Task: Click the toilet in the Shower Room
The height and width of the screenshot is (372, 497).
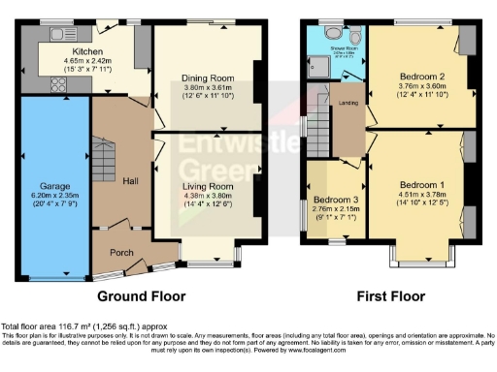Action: coord(354,38)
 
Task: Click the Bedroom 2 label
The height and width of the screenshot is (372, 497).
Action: coord(419,77)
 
